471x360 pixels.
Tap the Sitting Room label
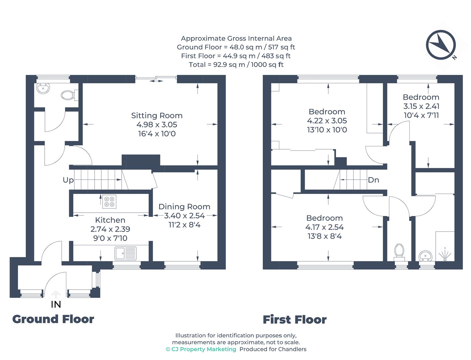point(157,116)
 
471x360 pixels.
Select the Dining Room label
point(184,207)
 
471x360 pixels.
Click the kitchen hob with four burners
point(109,201)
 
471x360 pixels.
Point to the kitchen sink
point(126,253)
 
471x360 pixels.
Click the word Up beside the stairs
point(68,180)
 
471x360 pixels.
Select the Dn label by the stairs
point(373,180)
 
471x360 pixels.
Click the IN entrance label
point(56,304)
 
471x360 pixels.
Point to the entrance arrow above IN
point(56,294)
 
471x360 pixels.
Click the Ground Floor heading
point(53,319)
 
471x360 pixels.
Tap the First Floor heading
point(295,320)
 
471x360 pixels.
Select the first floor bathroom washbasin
point(425,256)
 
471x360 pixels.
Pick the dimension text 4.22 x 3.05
point(327,121)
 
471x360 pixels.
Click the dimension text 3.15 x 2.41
point(421,106)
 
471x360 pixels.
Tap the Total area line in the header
point(236,65)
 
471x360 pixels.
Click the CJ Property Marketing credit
point(201,349)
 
